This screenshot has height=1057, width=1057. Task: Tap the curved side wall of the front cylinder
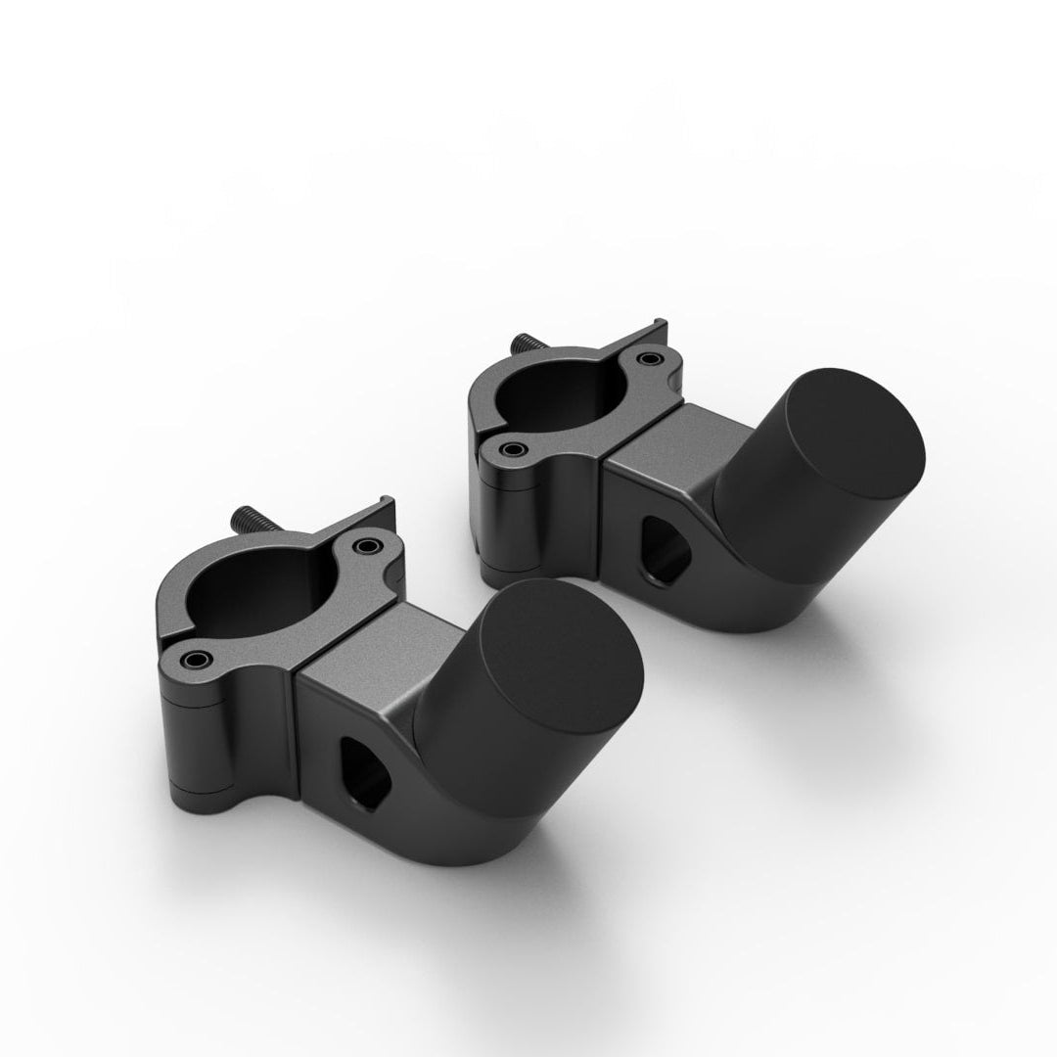point(470,744)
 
